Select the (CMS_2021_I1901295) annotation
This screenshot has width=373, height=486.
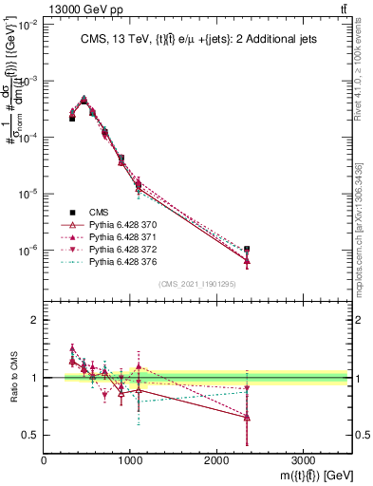(197, 284)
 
